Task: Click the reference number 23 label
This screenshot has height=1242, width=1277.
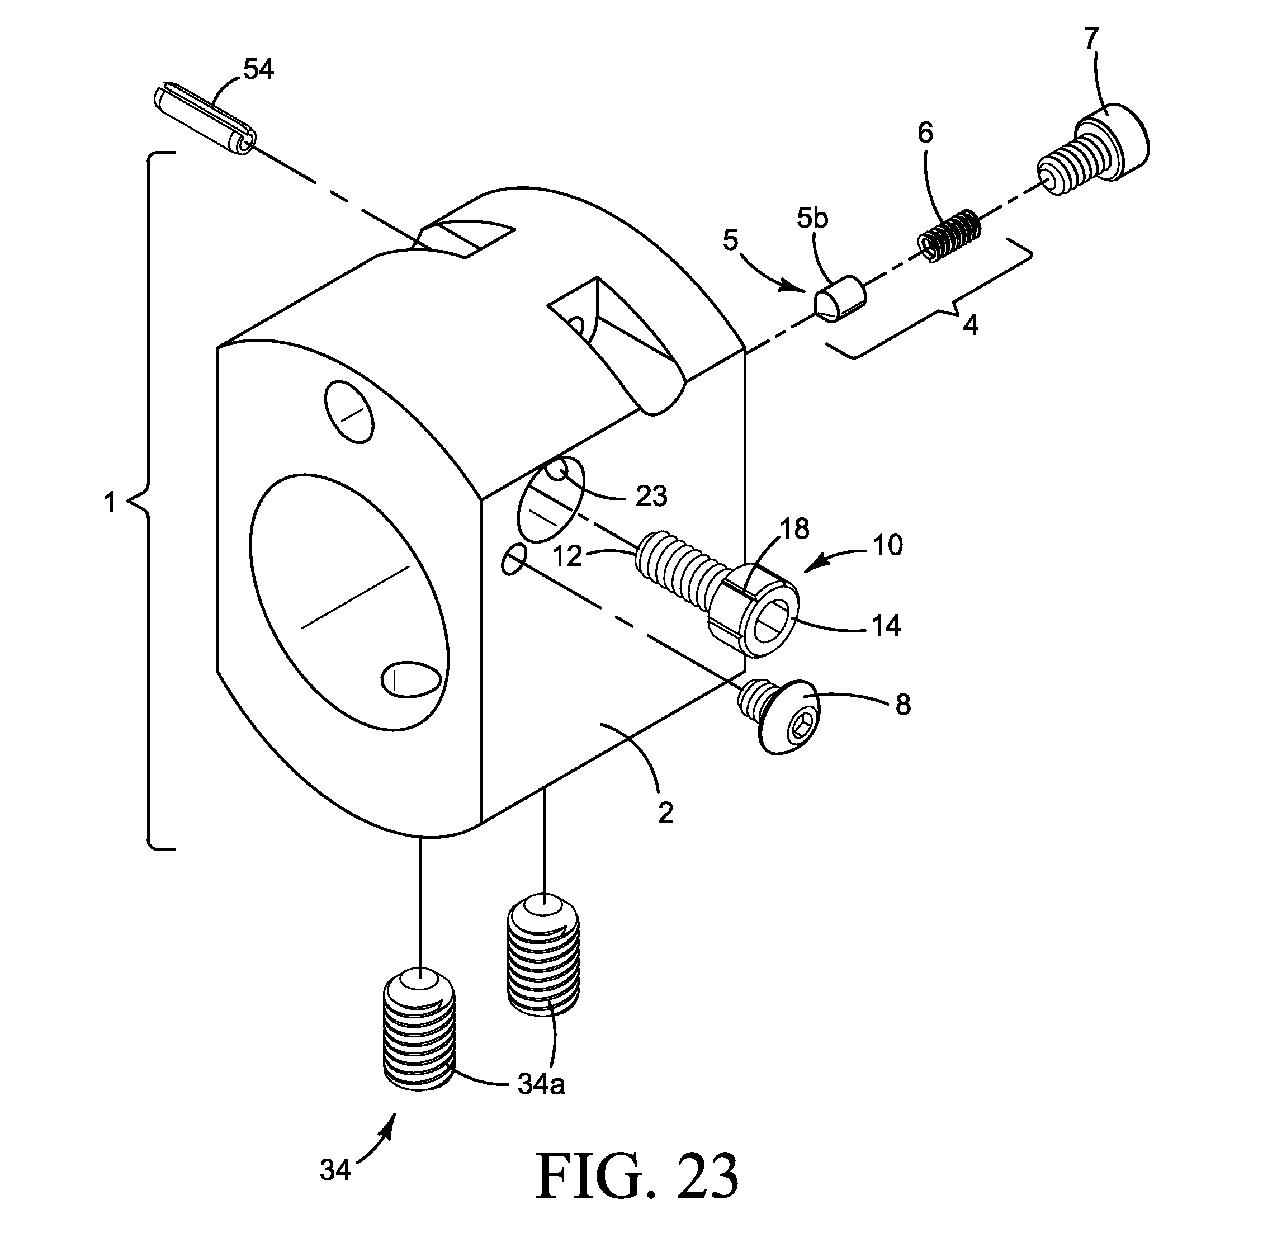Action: pyautogui.click(x=651, y=497)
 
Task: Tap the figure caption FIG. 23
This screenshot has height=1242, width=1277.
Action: pyautogui.click(x=637, y=1175)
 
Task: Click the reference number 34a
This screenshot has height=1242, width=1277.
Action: pyautogui.click(x=541, y=1084)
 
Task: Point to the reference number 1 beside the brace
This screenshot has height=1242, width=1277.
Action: pyautogui.click(x=110, y=503)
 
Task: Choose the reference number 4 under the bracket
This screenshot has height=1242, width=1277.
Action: pyautogui.click(x=971, y=325)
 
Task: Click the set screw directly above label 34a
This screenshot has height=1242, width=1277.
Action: pyautogui.click(x=543, y=955)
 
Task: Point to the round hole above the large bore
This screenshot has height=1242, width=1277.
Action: pyautogui.click(x=349, y=412)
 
